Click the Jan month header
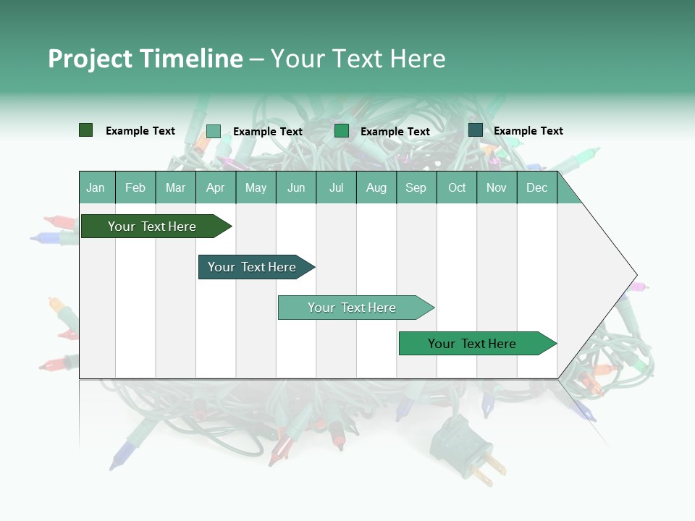pos(96,187)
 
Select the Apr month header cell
pos(216,187)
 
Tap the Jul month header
pos(336,187)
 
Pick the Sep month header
pos(416,187)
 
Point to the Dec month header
pos(536,187)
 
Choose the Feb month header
pos(135,187)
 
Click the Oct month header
pos(457,187)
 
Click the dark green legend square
pos(85,130)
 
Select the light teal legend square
pos(214,131)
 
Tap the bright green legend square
pos(342,131)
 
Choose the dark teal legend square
pos(476,130)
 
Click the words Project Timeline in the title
pos(146,59)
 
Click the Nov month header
pos(497,187)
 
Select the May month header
pos(256,187)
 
